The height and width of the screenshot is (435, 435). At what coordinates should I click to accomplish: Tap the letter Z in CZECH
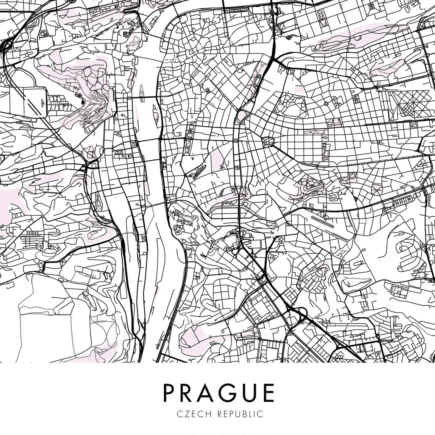[185, 414]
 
